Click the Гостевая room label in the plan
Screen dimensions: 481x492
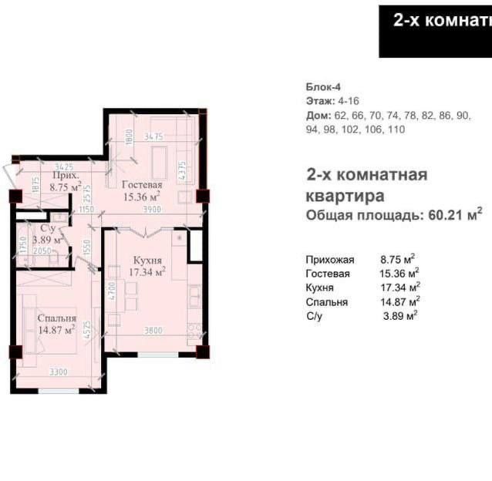pos(141,186)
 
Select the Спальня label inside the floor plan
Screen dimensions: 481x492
pos(56,316)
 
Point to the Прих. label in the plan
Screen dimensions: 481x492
pos(66,175)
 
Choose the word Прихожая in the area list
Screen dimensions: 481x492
pos(329,260)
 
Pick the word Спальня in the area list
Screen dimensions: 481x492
pos(326,301)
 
